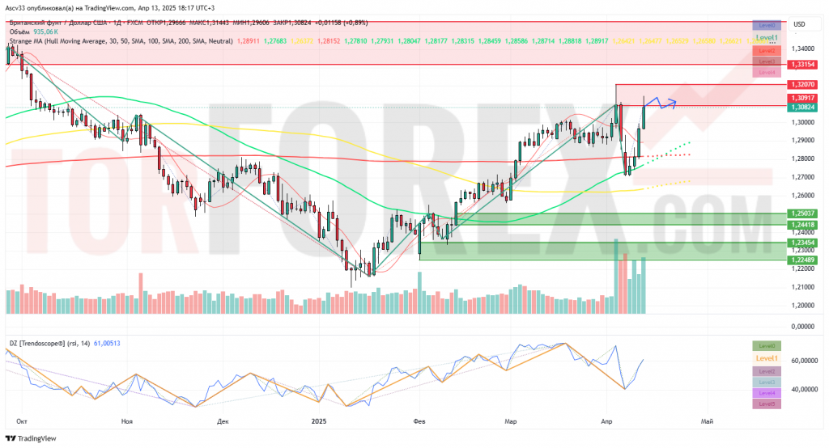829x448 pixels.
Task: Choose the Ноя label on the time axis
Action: point(125,421)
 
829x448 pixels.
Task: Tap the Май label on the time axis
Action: point(706,421)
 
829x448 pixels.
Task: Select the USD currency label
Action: point(798,24)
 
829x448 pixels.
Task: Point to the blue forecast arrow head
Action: point(674,103)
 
